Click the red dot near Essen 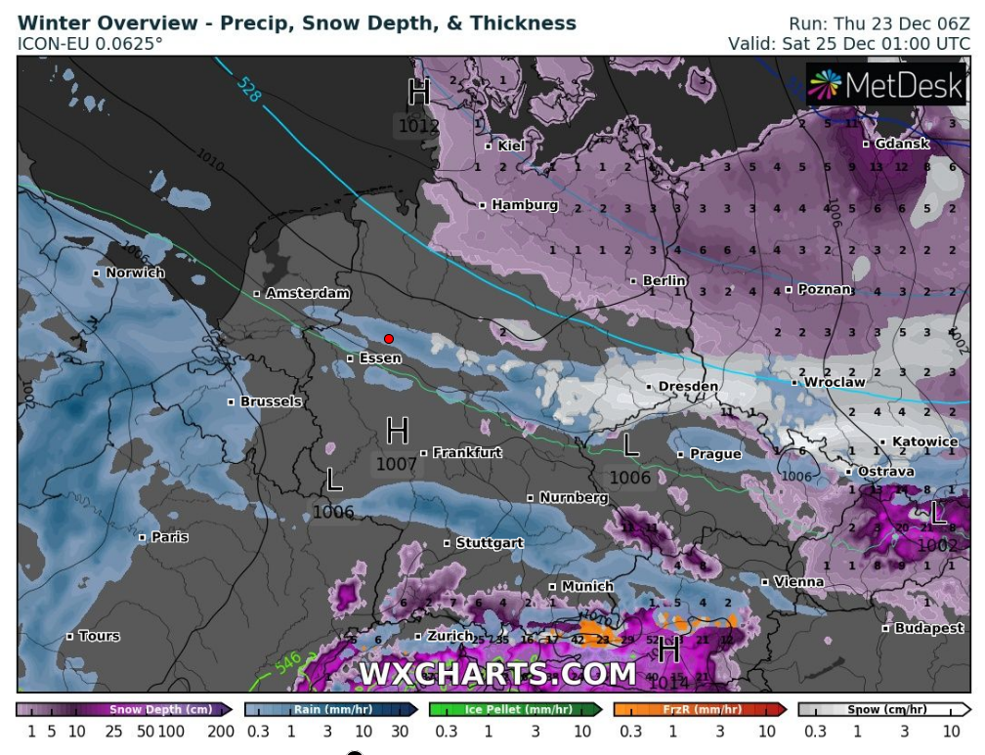pyautogui.click(x=389, y=339)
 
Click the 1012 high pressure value pyautogui.click(x=418, y=126)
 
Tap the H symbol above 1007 pyautogui.click(x=397, y=430)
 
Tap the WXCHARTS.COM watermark pyautogui.click(x=497, y=674)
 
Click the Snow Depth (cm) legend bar pyautogui.click(x=125, y=710)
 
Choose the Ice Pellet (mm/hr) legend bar pyautogui.click(x=515, y=710)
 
